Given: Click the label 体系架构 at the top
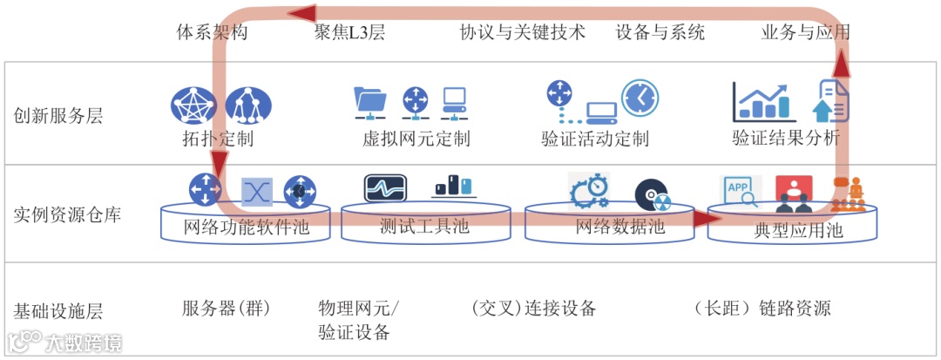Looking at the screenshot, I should [213, 33].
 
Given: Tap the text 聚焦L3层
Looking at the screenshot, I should [349, 33].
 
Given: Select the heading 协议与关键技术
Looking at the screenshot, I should [523, 33].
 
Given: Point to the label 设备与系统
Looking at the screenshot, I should [660, 33].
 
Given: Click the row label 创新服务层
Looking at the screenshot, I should [58, 115].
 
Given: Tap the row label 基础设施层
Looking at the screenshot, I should [58, 311].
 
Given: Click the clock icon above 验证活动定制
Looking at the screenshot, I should [640, 98].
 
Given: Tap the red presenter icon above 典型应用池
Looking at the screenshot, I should [793, 193].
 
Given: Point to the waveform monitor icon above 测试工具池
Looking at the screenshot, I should [386, 188].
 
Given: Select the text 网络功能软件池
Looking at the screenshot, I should [247, 229].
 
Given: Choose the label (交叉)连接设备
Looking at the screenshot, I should [532, 309].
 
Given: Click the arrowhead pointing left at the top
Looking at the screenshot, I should [302, 12].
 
